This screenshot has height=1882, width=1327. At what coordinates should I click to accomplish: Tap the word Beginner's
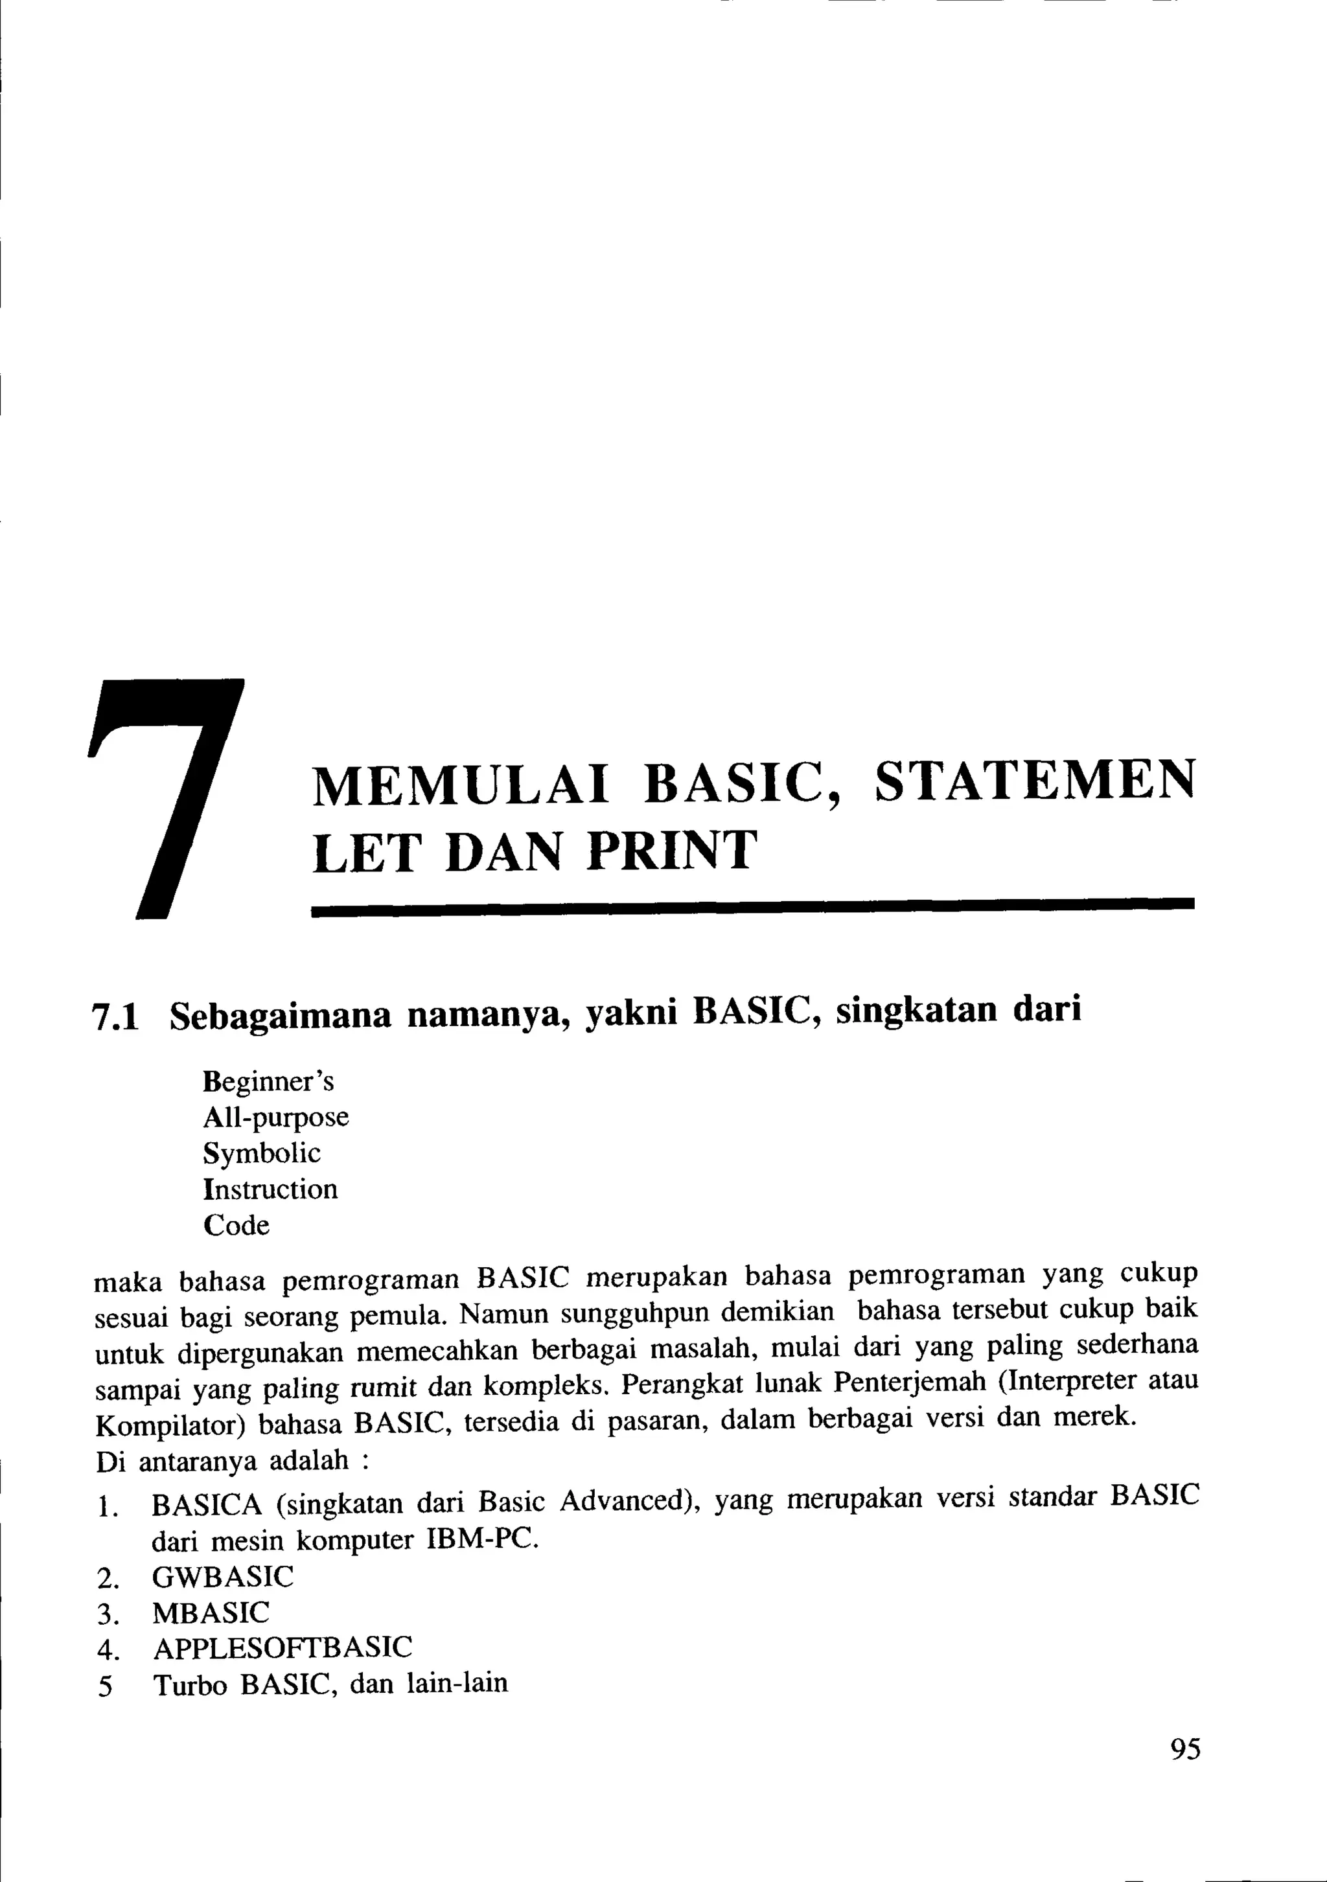click(268, 1082)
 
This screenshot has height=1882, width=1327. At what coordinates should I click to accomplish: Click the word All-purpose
click(275, 1118)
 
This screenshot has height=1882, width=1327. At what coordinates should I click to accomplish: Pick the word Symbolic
click(262, 1154)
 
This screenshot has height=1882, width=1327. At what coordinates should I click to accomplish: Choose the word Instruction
click(270, 1189)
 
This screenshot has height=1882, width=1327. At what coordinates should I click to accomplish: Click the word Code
click(236, 1226)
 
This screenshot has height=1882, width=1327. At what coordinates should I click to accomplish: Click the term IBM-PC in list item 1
click(482, 1539)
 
